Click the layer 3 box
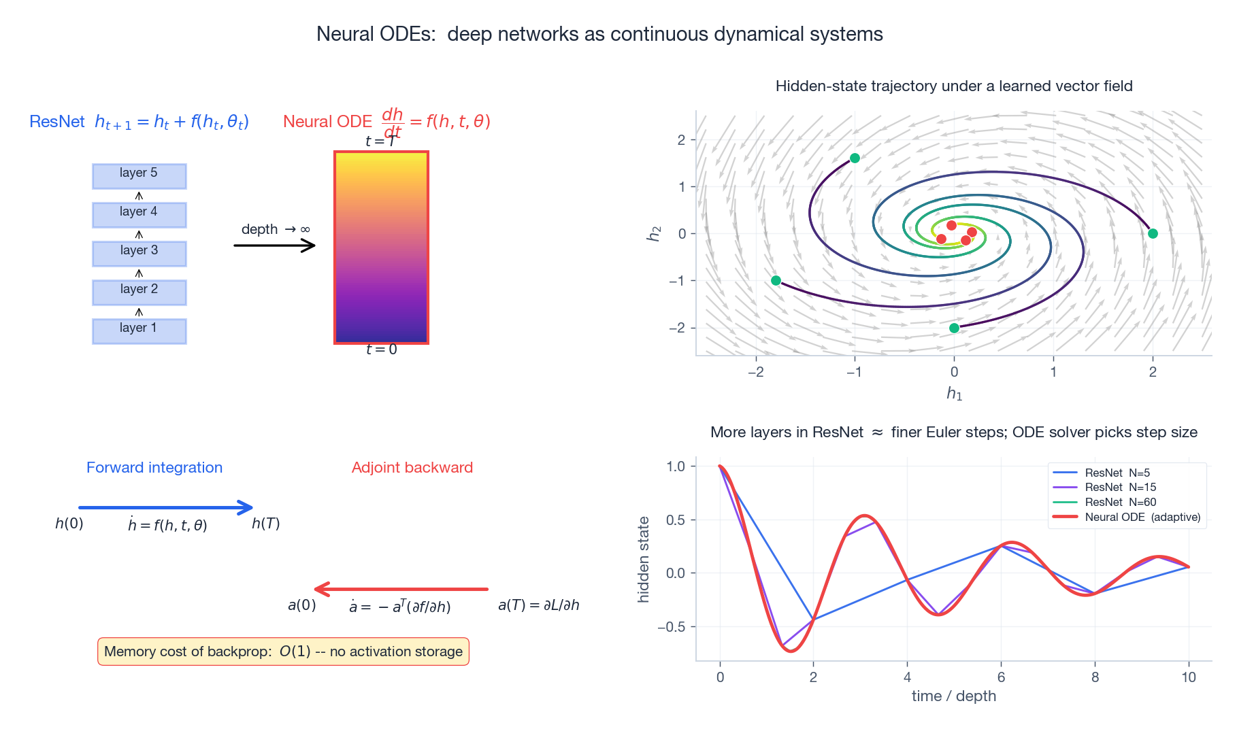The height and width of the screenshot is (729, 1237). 139,253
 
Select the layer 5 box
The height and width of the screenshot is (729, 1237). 139,175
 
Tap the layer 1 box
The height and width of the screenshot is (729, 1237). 139,330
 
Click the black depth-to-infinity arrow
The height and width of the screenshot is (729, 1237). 274,245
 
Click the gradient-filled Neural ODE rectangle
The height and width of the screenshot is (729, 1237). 381,248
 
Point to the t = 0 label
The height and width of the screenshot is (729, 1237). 381,350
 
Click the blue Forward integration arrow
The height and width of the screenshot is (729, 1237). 165,507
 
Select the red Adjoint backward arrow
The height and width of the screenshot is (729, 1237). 401,589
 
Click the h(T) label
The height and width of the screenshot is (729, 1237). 265,524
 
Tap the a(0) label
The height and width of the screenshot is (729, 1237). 301,605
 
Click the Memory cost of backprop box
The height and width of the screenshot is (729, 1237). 283,651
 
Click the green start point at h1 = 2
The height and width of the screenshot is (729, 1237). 1153,233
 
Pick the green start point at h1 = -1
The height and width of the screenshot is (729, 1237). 855,158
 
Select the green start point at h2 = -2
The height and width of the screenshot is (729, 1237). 954,328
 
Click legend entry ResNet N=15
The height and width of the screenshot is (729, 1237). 1120,488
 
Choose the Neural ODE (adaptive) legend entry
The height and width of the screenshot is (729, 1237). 1142,518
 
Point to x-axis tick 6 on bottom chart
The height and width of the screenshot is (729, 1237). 1001,677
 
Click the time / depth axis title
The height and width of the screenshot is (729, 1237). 953,696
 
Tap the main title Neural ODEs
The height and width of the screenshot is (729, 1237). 599,34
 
